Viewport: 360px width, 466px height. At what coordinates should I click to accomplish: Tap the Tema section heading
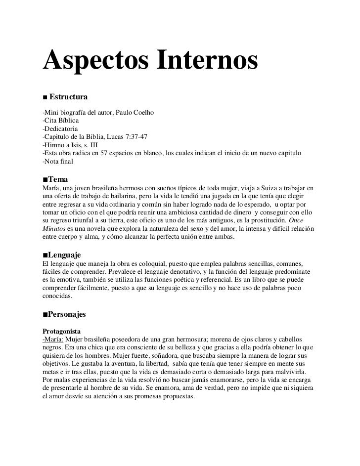pos(58,178)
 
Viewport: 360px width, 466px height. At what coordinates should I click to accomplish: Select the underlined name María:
pos(53,339)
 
